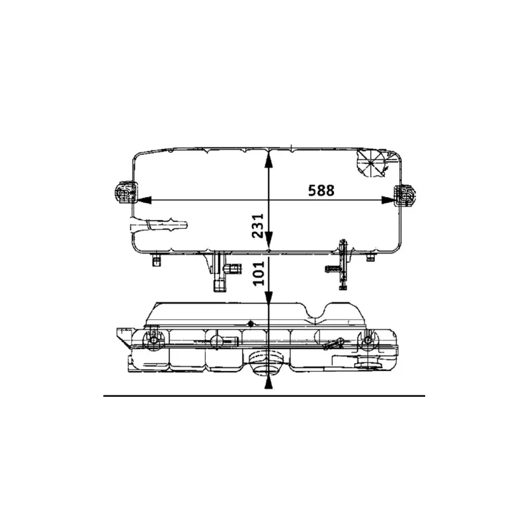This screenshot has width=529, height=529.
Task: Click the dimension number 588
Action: pos(321,190)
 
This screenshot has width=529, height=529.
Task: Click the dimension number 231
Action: pos(259,225)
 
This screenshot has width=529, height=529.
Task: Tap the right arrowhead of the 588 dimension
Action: pos(395,199)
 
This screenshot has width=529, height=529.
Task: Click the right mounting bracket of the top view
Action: pos(405,196)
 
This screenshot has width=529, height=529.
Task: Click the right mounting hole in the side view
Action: pos(368,342)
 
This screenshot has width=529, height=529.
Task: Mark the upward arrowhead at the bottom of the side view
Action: pos(268,383)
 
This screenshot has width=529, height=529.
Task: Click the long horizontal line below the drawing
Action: pos(264,395)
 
